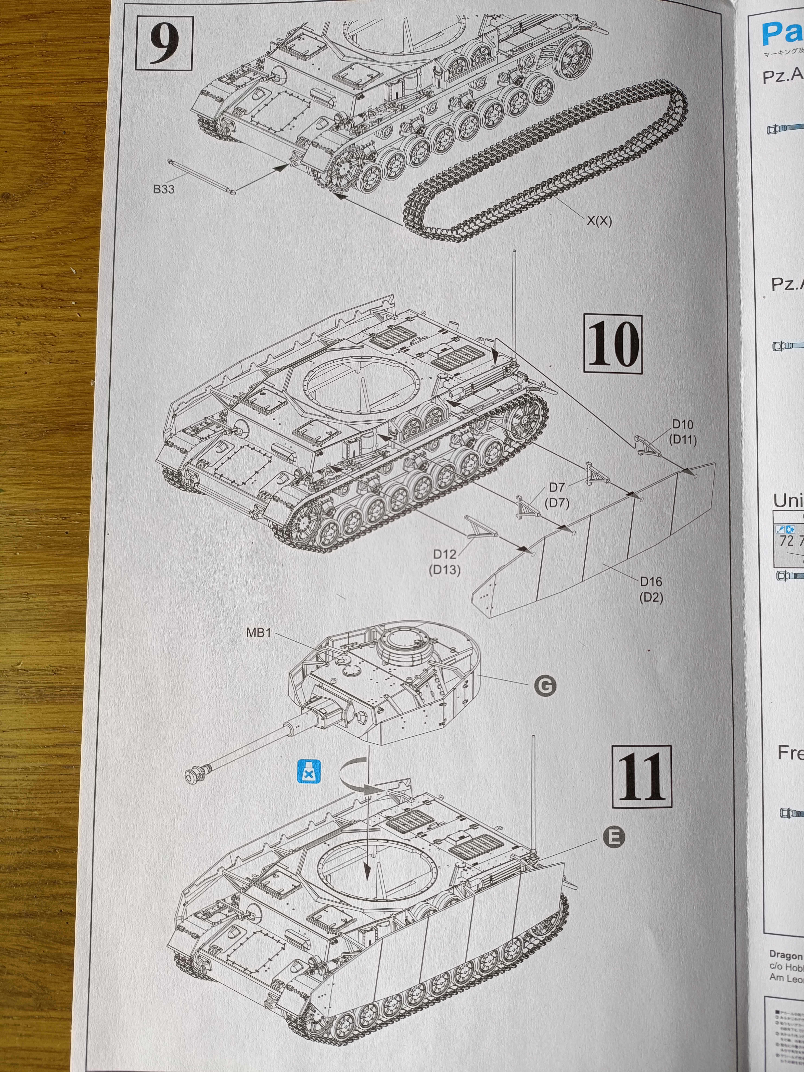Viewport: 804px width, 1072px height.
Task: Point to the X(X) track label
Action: coord(600,221)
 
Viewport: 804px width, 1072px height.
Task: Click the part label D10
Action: coord(682,424)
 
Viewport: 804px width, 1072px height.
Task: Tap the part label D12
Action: coord(445,554)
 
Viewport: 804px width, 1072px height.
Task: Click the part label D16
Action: coord(651,581)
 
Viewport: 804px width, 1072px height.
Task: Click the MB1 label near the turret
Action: coord(258,633)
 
